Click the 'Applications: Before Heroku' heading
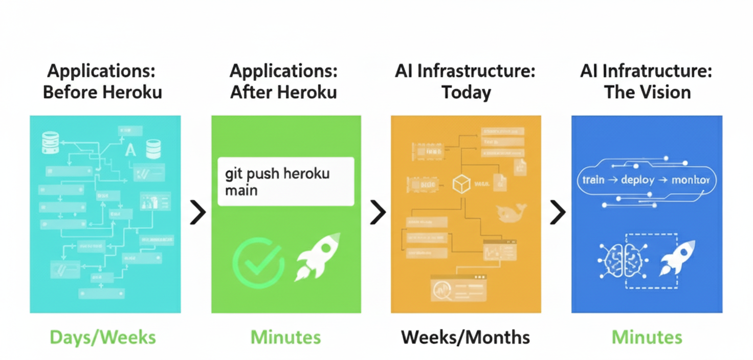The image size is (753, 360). click(102, 82)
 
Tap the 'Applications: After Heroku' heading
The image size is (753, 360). click(283, 82)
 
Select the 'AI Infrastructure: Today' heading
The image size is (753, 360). click(465, 82)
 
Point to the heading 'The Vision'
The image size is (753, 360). click(647, 93)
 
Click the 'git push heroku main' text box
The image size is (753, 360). click(285, 182)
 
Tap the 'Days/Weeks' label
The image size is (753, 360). click(102, 337)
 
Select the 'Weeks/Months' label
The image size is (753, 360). click(465, 337)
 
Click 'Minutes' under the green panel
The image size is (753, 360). click(285, 337)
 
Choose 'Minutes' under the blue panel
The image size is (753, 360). click(647, 337)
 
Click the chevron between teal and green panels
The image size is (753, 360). click(197, 213)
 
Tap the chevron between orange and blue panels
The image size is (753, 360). click(558, 213)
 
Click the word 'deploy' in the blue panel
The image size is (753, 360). click(637, 181)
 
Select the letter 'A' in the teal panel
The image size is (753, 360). click(130, 150)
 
